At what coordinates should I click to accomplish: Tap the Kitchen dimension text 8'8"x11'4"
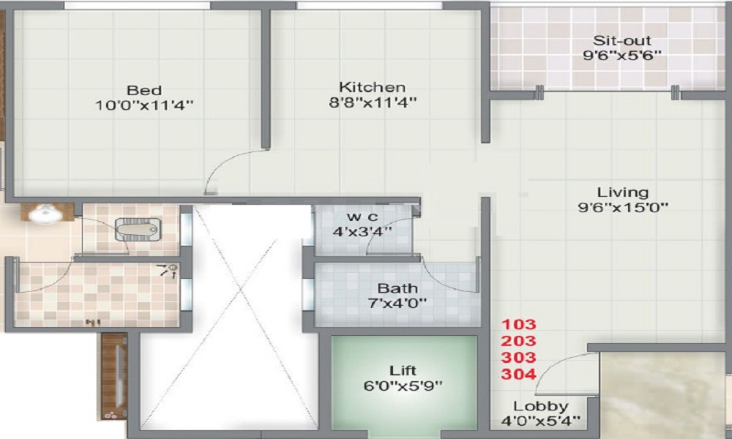[372, 103]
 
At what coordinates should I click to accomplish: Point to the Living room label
[622, 192]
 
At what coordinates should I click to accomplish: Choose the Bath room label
[397, 288]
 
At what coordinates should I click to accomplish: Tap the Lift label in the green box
[404, 371]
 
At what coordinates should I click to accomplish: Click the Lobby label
[541, 406]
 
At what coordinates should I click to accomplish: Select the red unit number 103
[519, 324]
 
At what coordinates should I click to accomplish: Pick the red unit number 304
[519, 375]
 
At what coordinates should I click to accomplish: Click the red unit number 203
[519, 341]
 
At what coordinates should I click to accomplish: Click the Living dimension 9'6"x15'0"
[622, 207]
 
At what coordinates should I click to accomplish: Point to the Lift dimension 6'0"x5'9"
[404, 385]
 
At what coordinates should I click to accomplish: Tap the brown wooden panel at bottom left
[114, 376]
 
